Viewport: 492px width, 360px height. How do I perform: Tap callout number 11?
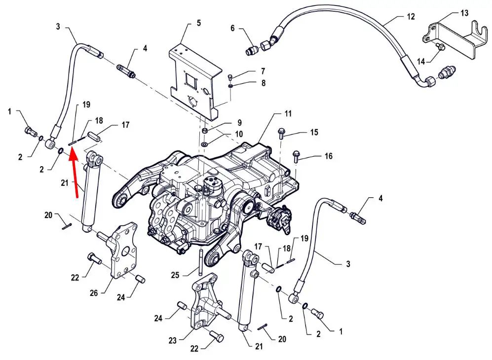coord(288,113)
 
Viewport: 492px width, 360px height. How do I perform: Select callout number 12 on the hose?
coord(411,17)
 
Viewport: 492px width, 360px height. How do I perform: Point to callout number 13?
coord(464,13)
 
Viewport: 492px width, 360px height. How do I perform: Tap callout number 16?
coord(328,156)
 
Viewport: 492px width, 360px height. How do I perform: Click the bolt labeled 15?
coord(282,133)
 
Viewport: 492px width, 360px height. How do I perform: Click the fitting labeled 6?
coord(253,50)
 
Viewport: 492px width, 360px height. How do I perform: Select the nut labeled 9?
coord(204,130)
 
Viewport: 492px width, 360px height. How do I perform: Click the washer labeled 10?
coord(204,144)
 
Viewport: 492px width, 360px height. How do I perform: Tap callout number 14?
coord(421,61)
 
